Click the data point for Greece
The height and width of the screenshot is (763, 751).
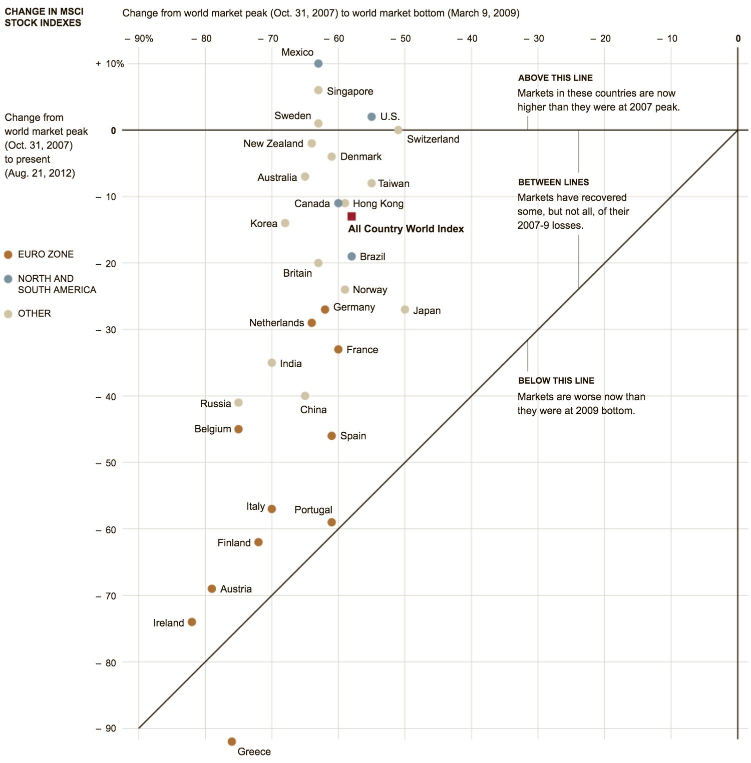231,741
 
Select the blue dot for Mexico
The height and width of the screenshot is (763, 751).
318,64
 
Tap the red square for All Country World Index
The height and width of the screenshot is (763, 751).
351,216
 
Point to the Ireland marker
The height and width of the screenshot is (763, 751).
192,622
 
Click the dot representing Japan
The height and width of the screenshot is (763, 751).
405,310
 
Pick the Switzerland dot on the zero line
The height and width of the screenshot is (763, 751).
398,130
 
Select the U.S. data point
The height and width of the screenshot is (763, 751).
371,117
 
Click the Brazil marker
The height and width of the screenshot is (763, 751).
351,256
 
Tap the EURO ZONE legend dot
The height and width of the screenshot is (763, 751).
8,255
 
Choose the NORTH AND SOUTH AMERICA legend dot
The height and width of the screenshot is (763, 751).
8,279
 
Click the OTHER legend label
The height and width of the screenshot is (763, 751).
34,314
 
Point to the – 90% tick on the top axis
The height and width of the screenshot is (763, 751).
139,39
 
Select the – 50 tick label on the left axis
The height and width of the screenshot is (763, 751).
106,463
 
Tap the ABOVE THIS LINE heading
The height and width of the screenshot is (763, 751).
555,78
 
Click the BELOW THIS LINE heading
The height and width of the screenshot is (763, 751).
556,381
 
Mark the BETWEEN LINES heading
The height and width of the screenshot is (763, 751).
553,183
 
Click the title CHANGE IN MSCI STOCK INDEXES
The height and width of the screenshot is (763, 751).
44,17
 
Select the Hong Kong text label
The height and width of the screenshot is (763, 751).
378,204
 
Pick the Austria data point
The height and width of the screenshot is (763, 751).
212,588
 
